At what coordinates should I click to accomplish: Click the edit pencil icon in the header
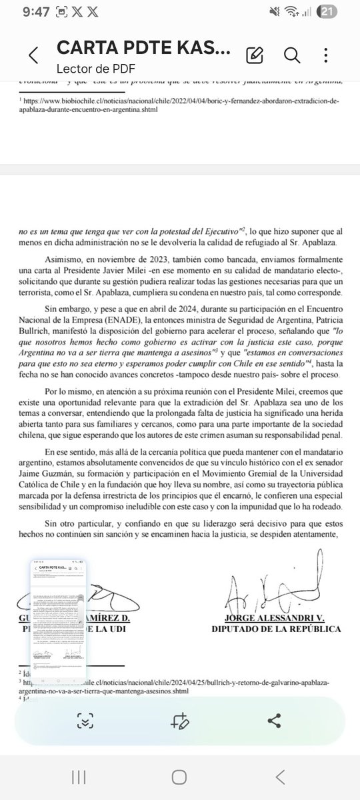click(253, 55)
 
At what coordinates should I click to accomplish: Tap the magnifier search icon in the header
click(291, 55)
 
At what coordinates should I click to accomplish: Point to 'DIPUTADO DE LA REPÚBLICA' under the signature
click(276, 629)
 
